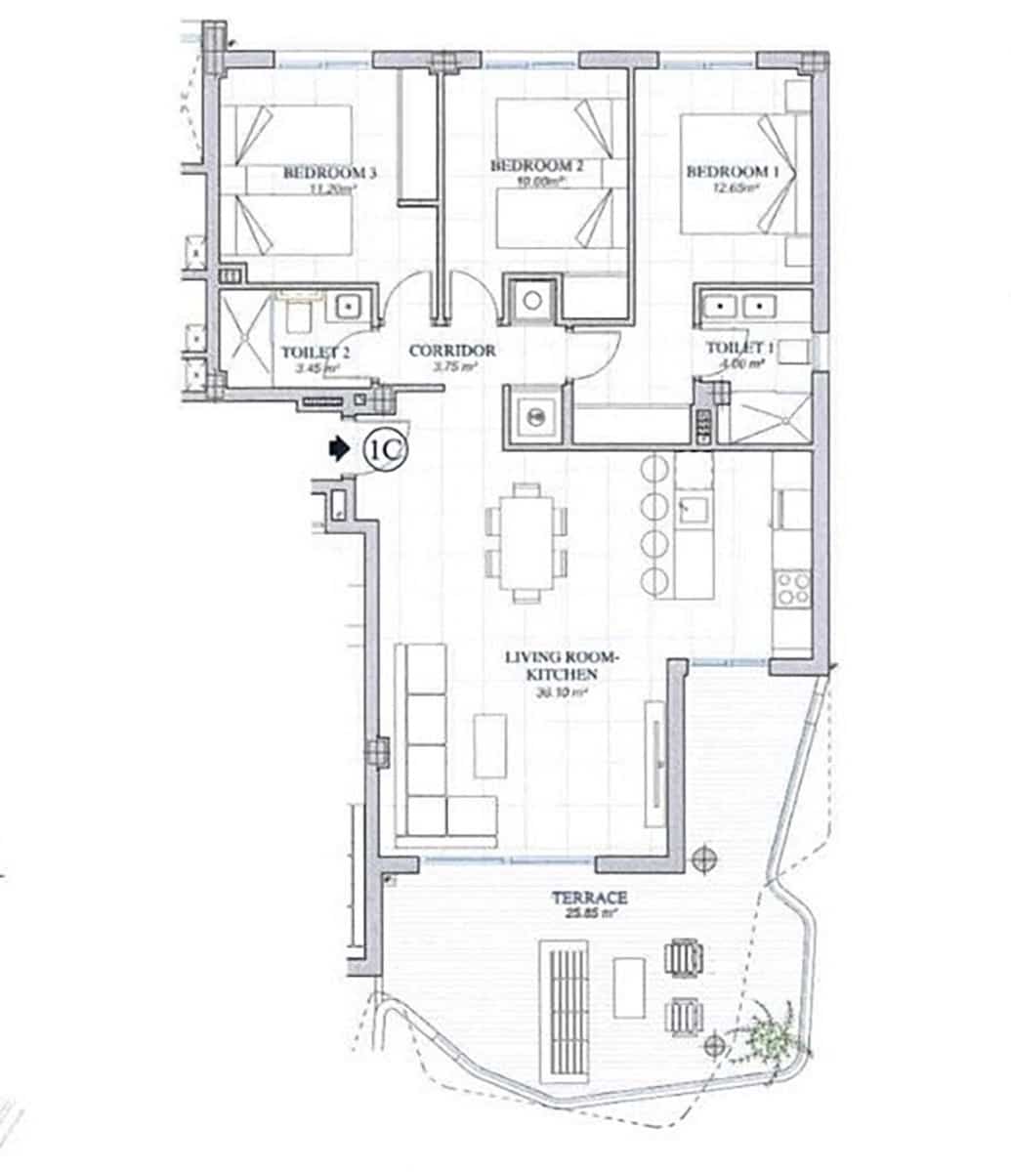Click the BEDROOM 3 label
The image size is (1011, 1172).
click(329, 173)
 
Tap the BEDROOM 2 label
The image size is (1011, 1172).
click(536, 166)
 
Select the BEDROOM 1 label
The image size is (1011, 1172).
click(733, 172)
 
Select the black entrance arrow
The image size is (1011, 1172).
click(337, 448)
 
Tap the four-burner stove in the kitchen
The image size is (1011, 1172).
click(791, 588)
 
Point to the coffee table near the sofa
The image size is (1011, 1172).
click(490, 745)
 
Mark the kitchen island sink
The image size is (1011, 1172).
click(694, 507)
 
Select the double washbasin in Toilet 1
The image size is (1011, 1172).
click(739, 308)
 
